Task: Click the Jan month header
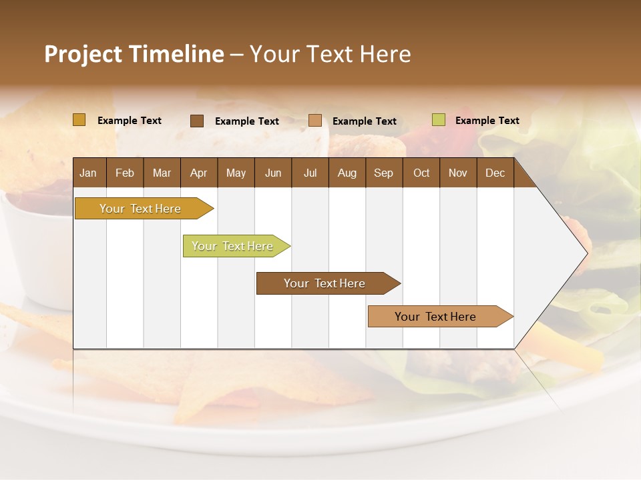tap(88, 173)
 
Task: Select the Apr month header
tap(198, 173)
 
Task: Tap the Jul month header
tap(310, 173)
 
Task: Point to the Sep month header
tap(383, 173)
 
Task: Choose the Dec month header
tap(495, 173)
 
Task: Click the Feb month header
tap(125, 173)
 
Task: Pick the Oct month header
tap(421, 173)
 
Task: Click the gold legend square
tap(79, 120)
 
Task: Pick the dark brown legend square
tap(197, 121)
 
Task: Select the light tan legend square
tap(315, 121)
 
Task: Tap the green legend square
tap(438, 120)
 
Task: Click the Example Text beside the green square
tap(487, 121)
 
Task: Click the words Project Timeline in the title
tap(134, 54)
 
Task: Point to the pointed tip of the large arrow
tap(586, 253)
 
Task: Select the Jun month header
tap(272, 173)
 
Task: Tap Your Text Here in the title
tap(330, 54)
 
